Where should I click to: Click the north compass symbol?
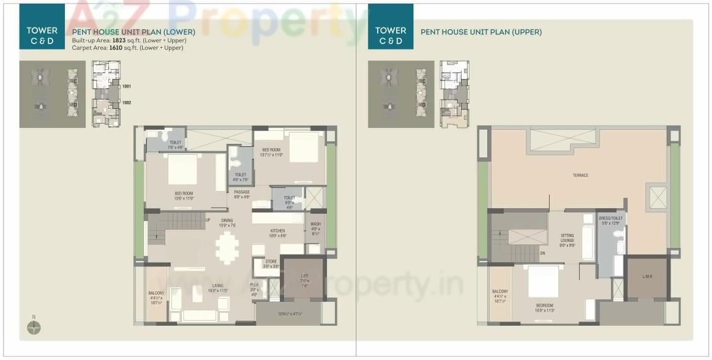tap(34, 328)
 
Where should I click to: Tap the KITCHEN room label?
tap(278, 231)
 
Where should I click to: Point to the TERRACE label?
tap(580, 176)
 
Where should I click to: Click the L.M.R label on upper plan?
tap(647, 277)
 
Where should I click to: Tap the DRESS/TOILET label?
tap(611, 219)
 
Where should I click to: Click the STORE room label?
tap(271, 261)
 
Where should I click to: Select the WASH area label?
tap(315, 224)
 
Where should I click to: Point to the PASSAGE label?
tap(242, 192)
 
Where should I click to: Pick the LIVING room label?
tap(218, 285)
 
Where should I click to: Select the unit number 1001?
tap(127, 87)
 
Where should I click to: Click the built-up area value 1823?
tap(119, 40)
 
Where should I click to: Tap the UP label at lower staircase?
tap(208, 220)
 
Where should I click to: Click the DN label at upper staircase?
tap(542, 253)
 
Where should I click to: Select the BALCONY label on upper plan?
tap(500, 291)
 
